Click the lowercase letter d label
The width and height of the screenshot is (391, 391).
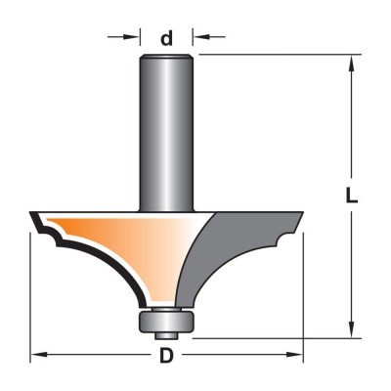point(166,39)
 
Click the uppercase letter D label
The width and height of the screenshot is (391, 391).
point(166,355)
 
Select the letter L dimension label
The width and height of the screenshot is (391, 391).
point(352,196)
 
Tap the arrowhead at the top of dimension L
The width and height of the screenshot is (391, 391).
point(352,65)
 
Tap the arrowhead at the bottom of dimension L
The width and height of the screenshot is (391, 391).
point(352,328)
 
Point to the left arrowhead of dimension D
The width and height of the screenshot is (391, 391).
point(39,355)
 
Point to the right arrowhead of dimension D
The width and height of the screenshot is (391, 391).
point(294,355)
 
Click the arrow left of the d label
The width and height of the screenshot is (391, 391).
point(123,37)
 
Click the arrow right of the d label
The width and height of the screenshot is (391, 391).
point(209,37)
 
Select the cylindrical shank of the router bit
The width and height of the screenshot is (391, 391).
point(166,133)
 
